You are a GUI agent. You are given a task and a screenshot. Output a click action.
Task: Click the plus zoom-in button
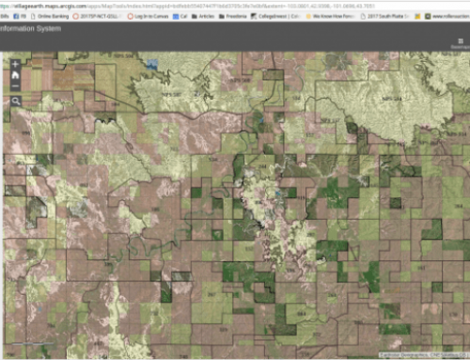(x=16, y=64)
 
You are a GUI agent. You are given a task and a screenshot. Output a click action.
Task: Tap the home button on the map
(x=16, y=75)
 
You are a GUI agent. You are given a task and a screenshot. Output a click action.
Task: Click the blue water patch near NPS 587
(x=151, y=64)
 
